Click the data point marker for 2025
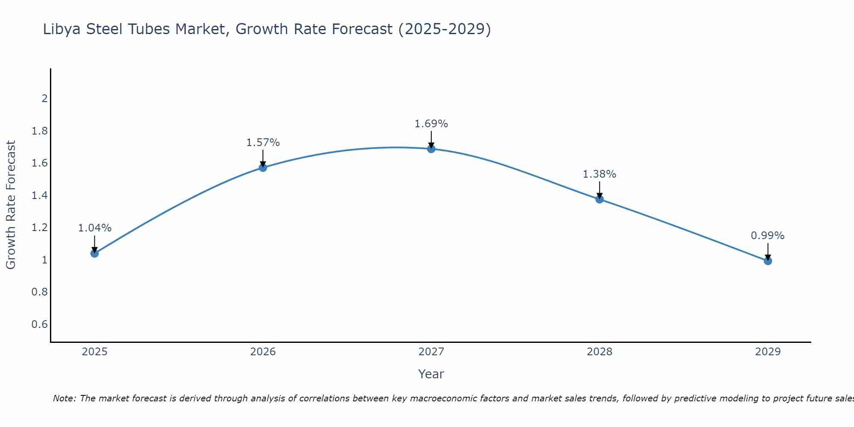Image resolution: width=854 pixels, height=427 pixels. pyautogui.click(x=95, y=253)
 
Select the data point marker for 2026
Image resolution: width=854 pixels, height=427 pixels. pyautogui.click(x=263, y=167)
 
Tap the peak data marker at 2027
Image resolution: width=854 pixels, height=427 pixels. pyautogui.click(x=431, y=149)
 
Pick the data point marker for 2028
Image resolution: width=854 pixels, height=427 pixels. pyautogui.click(x=600, y=199)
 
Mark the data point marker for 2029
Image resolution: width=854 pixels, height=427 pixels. pyautogui.click(x=768, y=261)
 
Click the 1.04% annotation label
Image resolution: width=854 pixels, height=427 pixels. pyautogui.click(x=95, y=228)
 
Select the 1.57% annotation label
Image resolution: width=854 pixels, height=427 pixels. pyautogui.click(x=263, y=143)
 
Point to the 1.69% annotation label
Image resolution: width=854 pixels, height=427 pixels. pyautogui.click(x=431, y=124)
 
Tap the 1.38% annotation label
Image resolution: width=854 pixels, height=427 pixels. pyautogui.click(x=600, y=174)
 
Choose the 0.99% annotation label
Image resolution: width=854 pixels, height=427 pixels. pyautogui.click(x=768, y=236)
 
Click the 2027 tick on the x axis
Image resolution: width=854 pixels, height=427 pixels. pyautogui.click(x=431, y=352)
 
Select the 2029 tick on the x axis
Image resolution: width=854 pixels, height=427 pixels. pyautogui.click(x=768, y=352)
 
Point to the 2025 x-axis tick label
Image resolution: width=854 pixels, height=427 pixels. pyautogui.click(x=95, y=352)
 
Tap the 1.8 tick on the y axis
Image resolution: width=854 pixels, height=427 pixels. pyautogui.click(x=40, y=131)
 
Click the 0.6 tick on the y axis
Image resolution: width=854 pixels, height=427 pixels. pyautogui.click(x=40, y=325)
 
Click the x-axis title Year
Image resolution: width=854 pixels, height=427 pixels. pyautogui.click(x=431, y=374)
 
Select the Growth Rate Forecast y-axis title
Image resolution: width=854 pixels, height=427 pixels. pyautogui.click(x=11, y=205)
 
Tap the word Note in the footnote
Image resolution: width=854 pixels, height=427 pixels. pyautogui.click(x=64, y=398)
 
